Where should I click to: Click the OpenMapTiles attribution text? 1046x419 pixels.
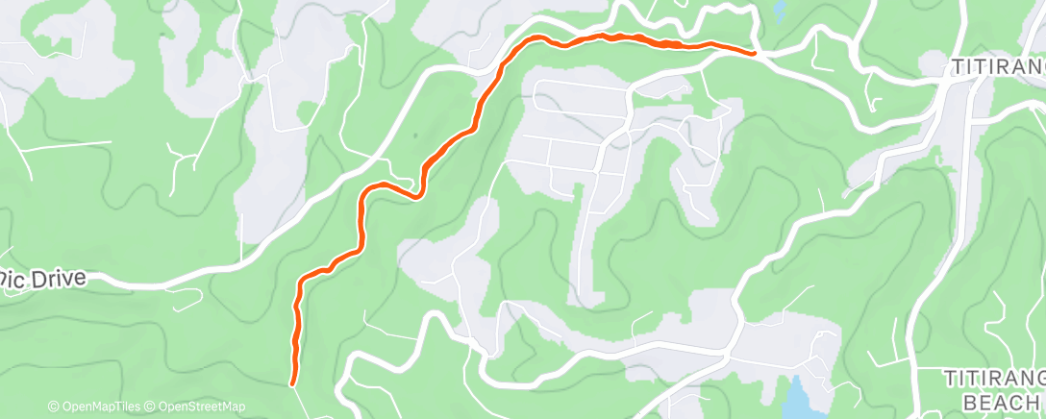tap(96, 407)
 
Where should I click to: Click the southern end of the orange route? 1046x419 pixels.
tap(292, 382)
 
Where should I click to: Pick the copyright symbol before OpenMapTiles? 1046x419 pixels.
tap(53, 407)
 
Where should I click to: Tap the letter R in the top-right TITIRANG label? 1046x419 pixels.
tap(999, 67)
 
